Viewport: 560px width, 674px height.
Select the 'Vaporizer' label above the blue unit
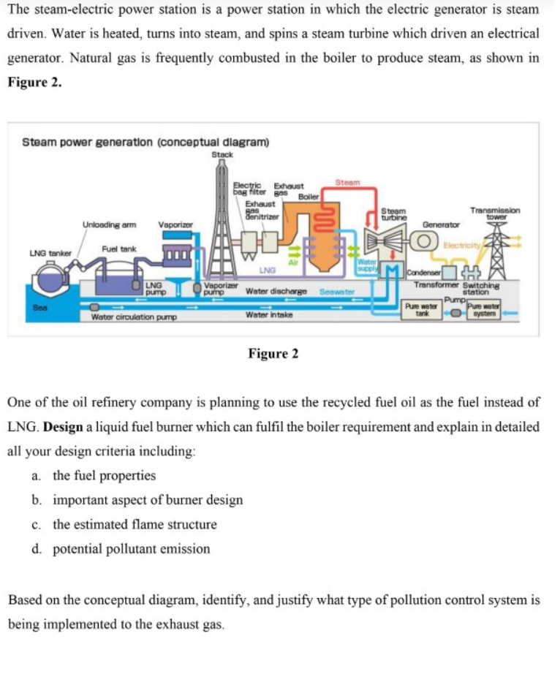pyautogui.click(x=175, y=224)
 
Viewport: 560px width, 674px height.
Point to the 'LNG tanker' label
pyautogui.click(x=50, y=253)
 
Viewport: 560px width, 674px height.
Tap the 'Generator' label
pyautogui.click(x=442, y=224)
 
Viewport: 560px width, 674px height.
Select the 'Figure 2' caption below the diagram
pyautogui.click(x=273, y=354)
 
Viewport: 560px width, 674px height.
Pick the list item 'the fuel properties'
pyautogui.click(x=104, y=475)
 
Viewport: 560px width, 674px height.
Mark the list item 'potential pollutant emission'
pyautogui.click(x=131, y=548)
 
